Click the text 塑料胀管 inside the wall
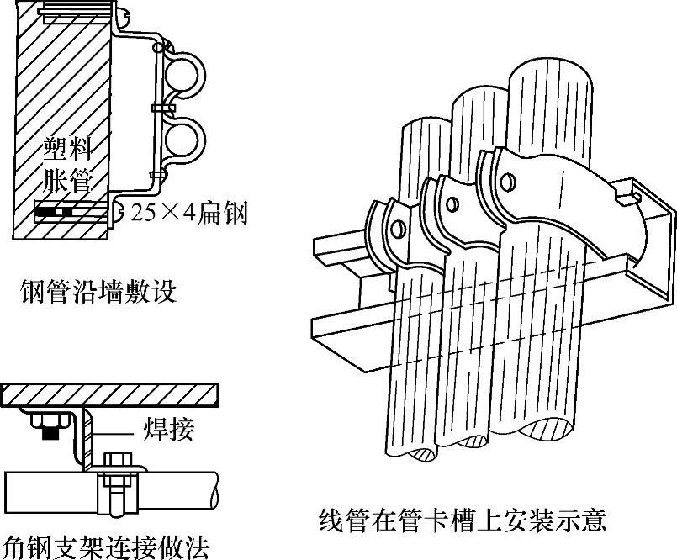(x=66, y=165)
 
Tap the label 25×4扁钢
(x=190, y=213)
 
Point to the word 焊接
(x=169, y=430)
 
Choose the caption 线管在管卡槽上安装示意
(x=462, y=520)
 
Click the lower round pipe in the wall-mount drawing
(x=180, y=140)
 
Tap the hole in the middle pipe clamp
(x=453, y=203)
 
